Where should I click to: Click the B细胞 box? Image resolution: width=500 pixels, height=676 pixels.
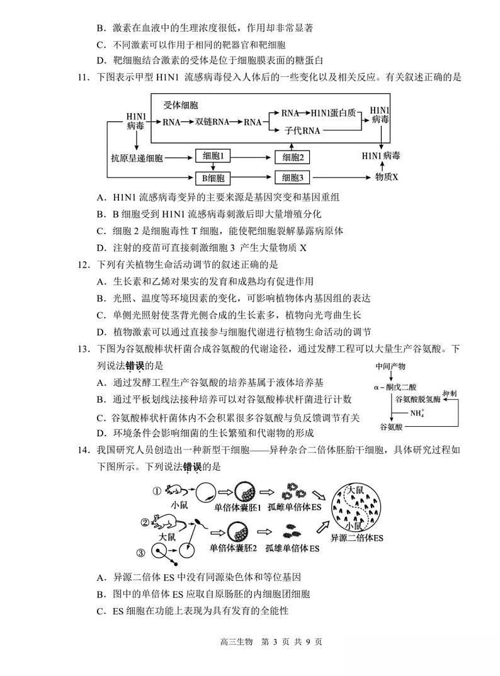pos(213,177)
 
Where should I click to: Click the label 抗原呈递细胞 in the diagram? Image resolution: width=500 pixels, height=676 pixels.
pos(137,157)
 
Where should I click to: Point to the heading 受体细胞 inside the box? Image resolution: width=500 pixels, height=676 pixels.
pos(181,104)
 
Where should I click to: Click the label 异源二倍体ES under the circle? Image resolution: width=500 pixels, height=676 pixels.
pos(357,539)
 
